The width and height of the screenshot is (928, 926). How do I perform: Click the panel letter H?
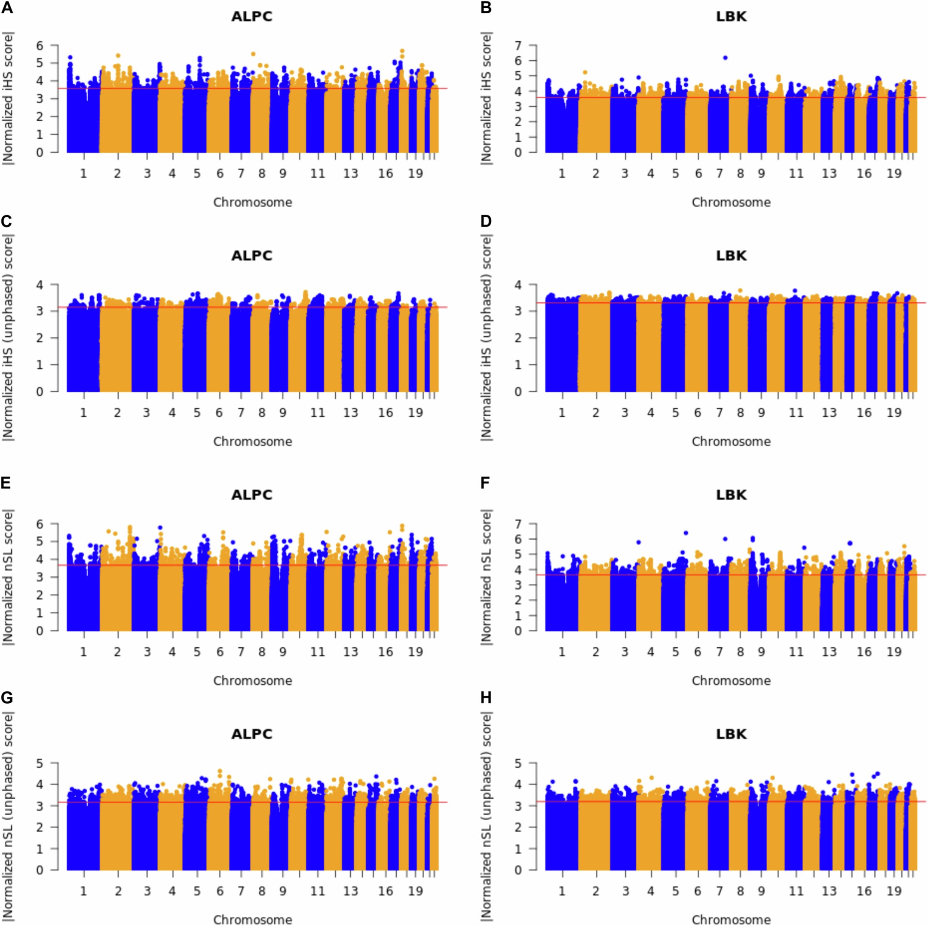pyautogui.click(x=486, y=698)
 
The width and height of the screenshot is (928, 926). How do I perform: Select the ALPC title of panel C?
pyautogui.click(x=252, y=255)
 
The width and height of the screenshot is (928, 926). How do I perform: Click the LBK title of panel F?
pyautogui.click(x=731, y=495)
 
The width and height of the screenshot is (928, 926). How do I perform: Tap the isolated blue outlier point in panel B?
pyautogui.click(x=725, y=58)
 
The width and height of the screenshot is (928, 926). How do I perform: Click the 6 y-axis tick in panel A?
pyautogui.click(x=40, y=45)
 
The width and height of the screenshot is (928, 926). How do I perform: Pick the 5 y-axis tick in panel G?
pyautogui.click(x=40, y=763)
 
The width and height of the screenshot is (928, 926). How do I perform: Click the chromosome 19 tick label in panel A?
pyautogui.click(x=416, y=173)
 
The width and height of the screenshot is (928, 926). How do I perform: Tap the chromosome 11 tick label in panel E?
pyautogui.click(x=317, y=652)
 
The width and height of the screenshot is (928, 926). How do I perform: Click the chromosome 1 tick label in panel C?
pyautogui.click(x=83, y=413)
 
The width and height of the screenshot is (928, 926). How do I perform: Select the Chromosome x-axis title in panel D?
pyautogui.click(x=731, y=442)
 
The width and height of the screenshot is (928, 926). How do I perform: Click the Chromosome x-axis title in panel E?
pyautogui.click(x=253, y=680)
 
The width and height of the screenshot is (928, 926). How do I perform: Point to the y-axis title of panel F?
pyautogui.click(x=487, y=577)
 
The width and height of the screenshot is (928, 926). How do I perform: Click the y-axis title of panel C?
pyautogui.click(x=8, y=338)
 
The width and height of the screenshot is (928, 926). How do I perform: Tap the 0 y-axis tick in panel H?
pyautogui.click(x=519, y=870)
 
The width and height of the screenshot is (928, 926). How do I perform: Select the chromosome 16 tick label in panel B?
pyautogui.click(x=864, y=173)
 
